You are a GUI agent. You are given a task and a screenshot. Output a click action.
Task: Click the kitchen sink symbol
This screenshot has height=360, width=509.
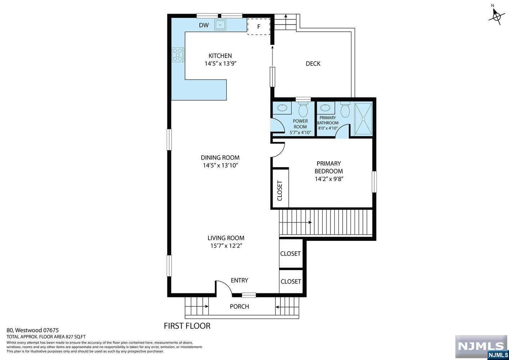coord(220,24)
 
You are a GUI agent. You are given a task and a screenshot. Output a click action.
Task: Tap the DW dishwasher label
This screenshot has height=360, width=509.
coord(204,25)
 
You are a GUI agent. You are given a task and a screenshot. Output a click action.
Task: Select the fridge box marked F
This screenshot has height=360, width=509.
coord(258,27)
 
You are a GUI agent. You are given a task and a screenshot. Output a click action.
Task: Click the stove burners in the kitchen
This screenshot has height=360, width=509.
coord(178,55)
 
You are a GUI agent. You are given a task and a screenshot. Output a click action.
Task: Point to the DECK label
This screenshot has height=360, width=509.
coord(313,64)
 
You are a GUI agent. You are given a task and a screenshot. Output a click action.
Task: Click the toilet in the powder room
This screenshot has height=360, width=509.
coord(303,109)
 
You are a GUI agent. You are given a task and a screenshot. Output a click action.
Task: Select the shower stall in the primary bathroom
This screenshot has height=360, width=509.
coord(364,119)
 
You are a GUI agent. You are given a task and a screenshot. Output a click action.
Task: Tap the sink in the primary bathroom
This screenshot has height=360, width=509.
coord(326,108)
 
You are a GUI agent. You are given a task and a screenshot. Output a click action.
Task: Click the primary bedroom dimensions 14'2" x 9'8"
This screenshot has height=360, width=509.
coord(329,179)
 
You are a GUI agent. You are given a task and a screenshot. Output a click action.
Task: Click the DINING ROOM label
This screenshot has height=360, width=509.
coord(220,158)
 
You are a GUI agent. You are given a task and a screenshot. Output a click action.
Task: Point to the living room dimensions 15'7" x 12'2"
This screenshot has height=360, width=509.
coord(226,246)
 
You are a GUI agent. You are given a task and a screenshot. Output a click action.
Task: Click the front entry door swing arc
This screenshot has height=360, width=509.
coord(226,285)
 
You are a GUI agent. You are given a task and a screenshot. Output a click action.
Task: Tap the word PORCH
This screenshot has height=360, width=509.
coord(239,307)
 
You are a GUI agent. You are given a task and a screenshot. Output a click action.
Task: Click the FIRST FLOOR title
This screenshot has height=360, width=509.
coord(187,326)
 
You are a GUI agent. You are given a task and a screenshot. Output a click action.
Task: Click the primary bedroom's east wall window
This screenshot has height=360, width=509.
coord(374,182)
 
